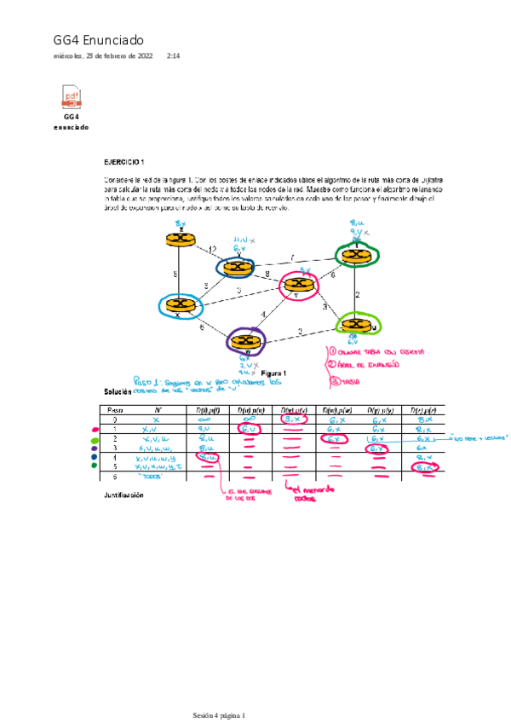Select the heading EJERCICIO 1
(x=124, y=161)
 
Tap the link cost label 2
(x=358, y=294)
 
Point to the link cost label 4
(x=263, y=315)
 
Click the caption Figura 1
(x=273, y=373)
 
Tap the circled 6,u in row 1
(x=250, y=430)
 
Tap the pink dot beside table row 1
(x=95, y=431)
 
